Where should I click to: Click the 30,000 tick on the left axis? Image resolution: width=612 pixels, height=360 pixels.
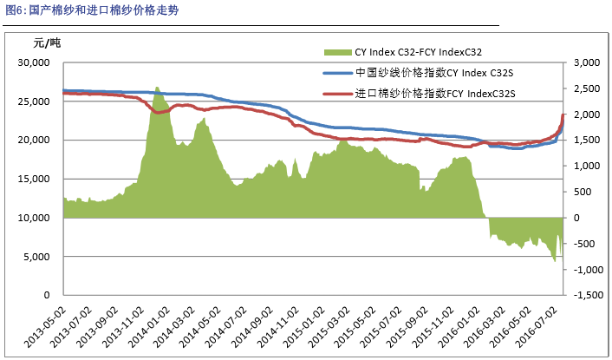click(x=38, y=63)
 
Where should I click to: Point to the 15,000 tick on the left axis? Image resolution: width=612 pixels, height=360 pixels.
click(x=38, y=180)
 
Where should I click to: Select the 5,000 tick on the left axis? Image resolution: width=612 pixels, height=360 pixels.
click(x=42, y=257)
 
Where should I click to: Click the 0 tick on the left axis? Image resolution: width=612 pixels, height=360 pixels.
click(x=52, y=296)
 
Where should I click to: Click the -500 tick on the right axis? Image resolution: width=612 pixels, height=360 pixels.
click(x=588, y=244)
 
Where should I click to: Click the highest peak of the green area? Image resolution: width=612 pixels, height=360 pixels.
click(x=156, y=88)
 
